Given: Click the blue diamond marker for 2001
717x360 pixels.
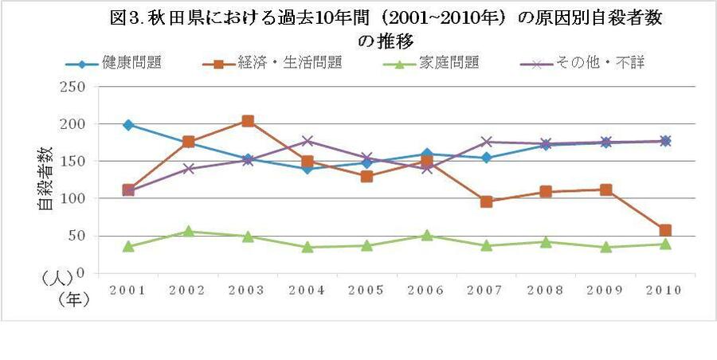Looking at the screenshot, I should click(127, 124).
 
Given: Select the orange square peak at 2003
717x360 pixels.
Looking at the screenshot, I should click(248, 121).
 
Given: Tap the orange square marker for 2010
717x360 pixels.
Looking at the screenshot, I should click(665, 230).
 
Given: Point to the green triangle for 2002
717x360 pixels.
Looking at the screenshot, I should click(188, 231).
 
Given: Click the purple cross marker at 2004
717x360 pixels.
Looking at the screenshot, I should click(308, 141).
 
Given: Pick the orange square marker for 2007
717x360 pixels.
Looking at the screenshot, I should click(487, 202).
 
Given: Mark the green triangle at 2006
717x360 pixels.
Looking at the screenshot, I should click(427, 235).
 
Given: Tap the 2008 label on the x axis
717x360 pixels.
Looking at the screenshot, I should click(546, 290).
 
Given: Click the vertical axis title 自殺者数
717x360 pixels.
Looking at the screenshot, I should click(45, 179).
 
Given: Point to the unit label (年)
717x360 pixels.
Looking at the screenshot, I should click(72, 299).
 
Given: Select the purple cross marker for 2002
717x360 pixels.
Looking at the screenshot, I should click(188, 168).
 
